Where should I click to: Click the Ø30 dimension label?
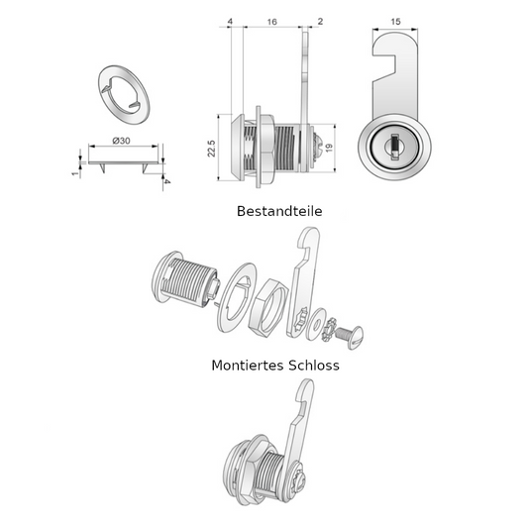click(121, 141)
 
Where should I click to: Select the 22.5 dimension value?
click(211, 149)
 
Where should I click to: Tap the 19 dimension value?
click(329, 148)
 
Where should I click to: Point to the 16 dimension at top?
click(272, 22)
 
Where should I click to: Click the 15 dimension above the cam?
click(395, 22)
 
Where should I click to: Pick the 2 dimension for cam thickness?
click(320, 21)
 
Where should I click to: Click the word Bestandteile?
click(279, 211)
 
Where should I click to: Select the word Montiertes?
click(248, 365)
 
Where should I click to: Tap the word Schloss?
click(313, 365)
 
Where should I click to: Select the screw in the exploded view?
click(350, 337)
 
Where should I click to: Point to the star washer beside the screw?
click(329, 329)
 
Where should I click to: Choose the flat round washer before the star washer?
click(315, 323)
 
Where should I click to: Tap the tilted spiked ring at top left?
click(124, 95)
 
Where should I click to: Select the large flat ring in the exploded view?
click(236, 297)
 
